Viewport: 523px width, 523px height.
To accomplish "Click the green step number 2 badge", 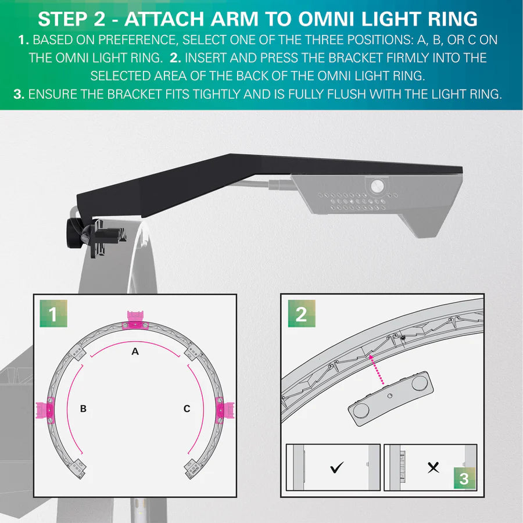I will click(301, 314).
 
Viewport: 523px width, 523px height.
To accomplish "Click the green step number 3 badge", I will click(464, 479).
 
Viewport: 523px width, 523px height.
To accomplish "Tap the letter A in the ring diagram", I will click(135, 352).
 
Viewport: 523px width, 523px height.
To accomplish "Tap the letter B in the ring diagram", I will click(83, 409).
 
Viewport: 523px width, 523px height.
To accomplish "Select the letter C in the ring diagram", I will click(187, 409).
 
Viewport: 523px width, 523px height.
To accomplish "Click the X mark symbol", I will click(433, 467).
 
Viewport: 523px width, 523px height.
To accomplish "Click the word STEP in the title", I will click(63, 19).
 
